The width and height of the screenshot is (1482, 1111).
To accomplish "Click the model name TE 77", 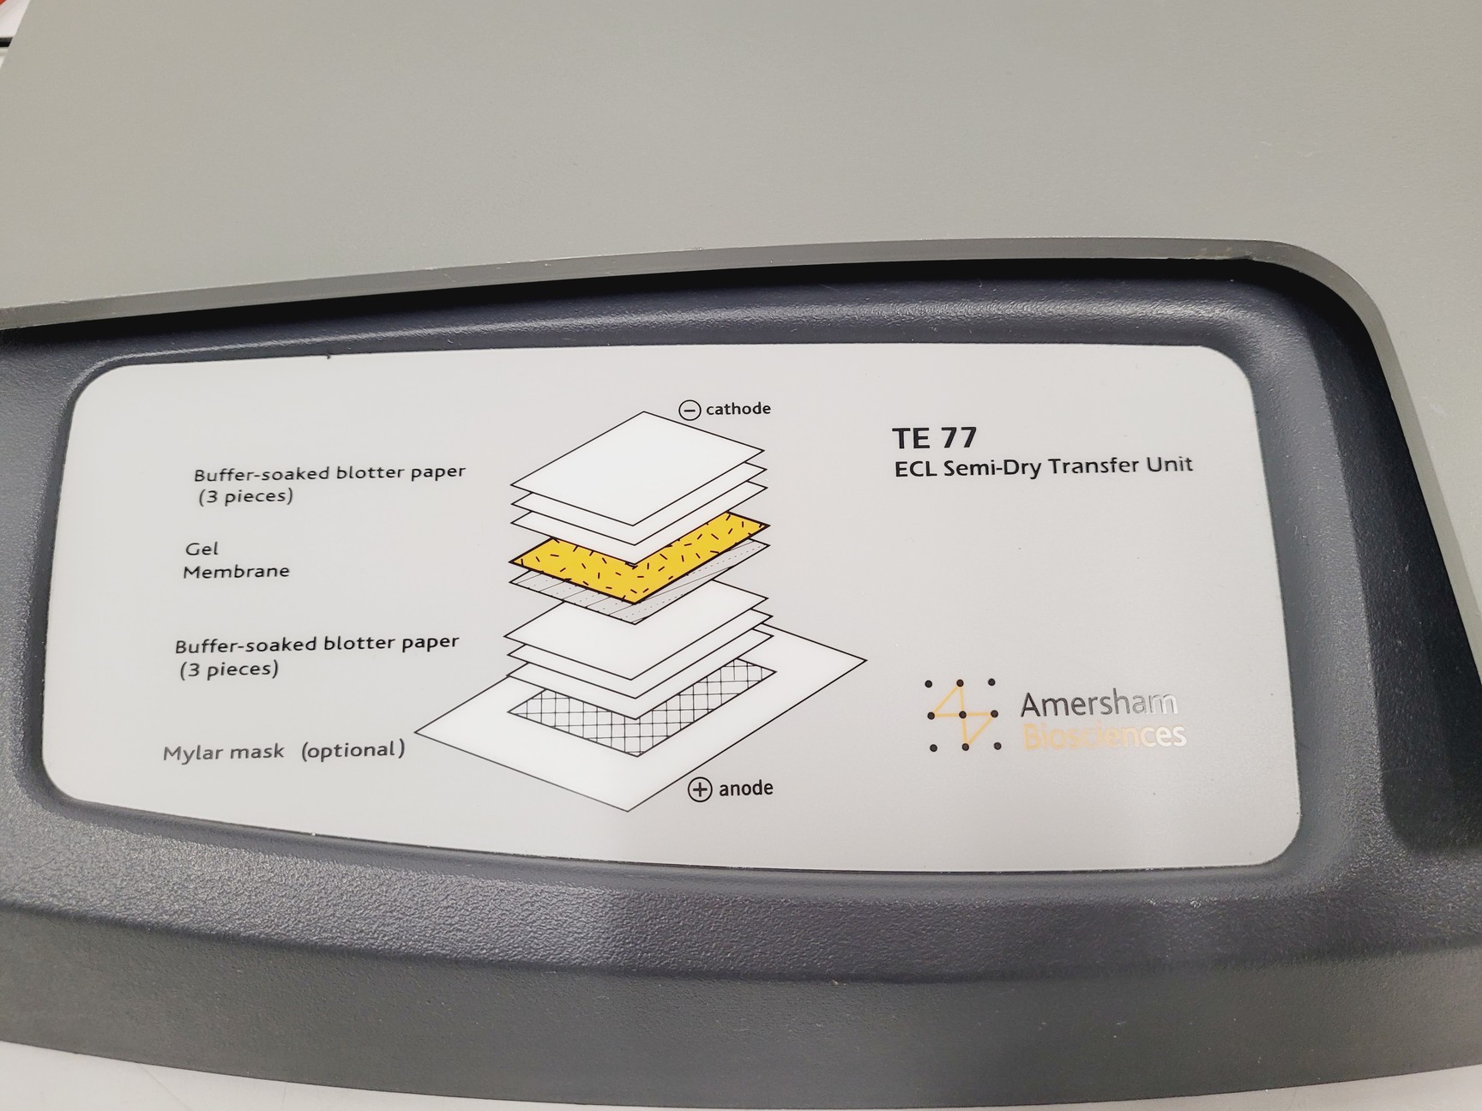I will [934, 438].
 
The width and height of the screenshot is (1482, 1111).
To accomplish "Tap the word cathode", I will [738, 409].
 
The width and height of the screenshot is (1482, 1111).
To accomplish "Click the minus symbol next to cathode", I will [690, 410].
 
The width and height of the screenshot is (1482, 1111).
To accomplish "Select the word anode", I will [745, 788].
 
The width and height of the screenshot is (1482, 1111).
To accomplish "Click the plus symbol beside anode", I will [700, 790].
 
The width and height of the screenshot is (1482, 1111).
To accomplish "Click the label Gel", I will [202, 549].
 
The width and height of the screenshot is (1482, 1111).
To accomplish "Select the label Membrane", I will [236, 571].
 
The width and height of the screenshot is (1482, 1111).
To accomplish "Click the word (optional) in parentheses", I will [352, 750].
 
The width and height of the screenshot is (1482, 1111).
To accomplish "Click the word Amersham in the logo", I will [1098, 705].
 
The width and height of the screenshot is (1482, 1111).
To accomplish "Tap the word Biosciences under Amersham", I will [1105, 736].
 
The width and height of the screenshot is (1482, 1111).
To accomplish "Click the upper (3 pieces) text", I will [245, 496].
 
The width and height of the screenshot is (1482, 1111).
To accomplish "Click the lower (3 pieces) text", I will [229, 670].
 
